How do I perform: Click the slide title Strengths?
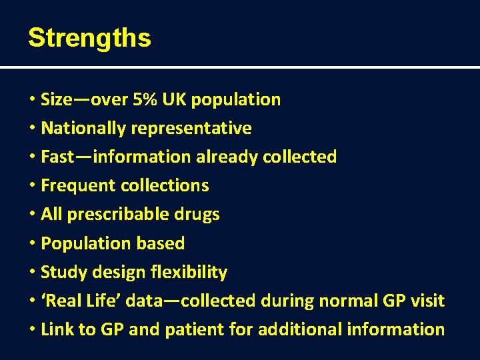pos(89,38)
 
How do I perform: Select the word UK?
pos(173,100)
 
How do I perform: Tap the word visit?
pos(427,301)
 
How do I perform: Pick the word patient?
pos(195,329)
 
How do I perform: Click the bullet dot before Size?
pos(32,100)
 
